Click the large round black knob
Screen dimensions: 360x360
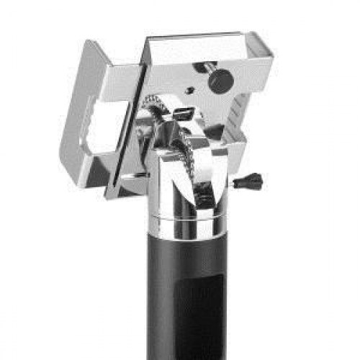point(220,79)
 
